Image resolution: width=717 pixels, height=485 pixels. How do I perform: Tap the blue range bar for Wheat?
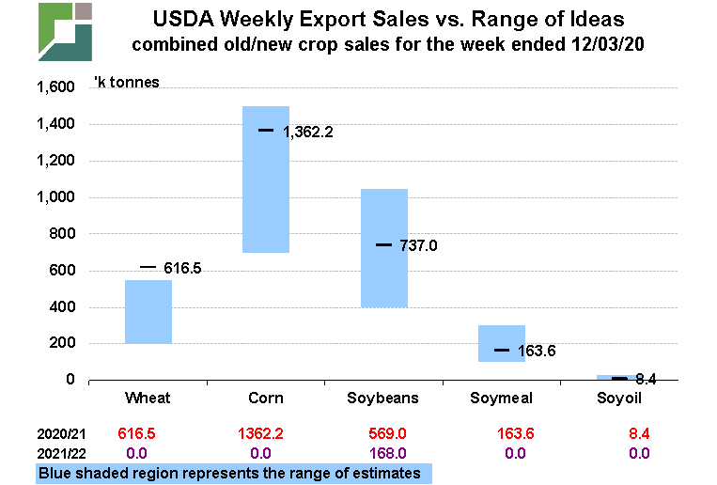click(148, 312)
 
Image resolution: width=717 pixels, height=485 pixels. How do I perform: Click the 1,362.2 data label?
click(308, 133)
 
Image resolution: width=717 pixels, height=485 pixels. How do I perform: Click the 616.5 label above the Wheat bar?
click(182, 268)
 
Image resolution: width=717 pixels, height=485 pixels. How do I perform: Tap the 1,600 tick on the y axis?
click(55, 87)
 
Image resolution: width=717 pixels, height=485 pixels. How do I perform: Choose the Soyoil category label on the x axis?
click(620, 399)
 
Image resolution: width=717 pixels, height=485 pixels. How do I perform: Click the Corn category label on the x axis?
click(266, 399)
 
